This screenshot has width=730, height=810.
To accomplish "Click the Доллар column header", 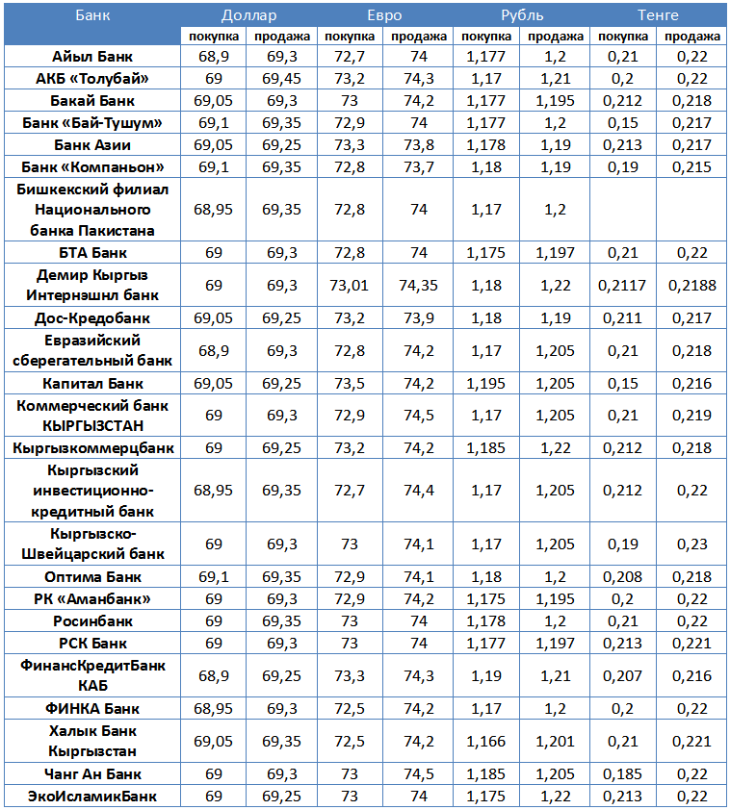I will tap(248, 15).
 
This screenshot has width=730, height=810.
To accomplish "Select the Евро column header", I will tap(384, 15).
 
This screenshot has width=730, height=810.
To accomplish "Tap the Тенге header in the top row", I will tap(658, 15).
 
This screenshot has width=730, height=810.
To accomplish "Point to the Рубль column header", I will tap(521, 15).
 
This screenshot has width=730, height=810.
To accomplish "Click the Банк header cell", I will tap(92, 15).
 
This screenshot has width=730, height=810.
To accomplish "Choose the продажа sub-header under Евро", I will tap(418, 37).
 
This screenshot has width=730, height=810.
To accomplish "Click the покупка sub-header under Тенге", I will tap(623, 37).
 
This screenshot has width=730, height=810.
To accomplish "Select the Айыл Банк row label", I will tap(92, 58).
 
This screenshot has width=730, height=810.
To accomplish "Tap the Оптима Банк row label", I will tap(92, 577).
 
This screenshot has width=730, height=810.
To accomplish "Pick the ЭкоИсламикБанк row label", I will tap(92, 797).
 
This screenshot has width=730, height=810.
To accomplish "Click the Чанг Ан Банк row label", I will tap(92, 774).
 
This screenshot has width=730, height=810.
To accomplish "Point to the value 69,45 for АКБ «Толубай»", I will tap(282, 79).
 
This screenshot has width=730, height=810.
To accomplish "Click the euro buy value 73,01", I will tap(351, 286).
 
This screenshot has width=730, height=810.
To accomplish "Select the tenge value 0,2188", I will tap(692, 286).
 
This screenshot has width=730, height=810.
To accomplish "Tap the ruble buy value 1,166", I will tap(486, 742).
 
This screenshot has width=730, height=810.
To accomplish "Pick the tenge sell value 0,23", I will tap(692, 544).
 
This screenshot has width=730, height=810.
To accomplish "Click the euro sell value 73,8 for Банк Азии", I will tap(418, 144).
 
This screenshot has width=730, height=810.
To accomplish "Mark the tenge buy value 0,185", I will tap(623, 774).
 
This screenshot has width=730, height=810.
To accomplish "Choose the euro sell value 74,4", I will tap(418, 491).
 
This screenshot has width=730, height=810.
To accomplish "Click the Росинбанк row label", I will tap(92, 621).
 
